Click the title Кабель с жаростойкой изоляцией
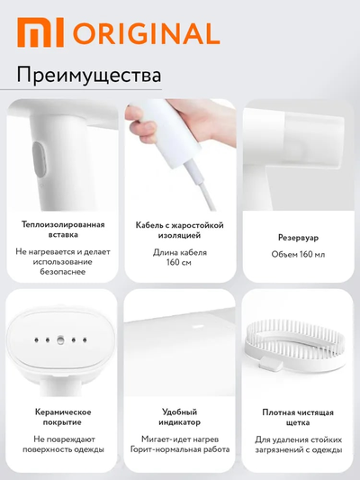(179, 230)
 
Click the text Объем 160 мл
(297, 254)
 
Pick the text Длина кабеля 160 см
(179, 258)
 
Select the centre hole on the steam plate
(60, 340)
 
